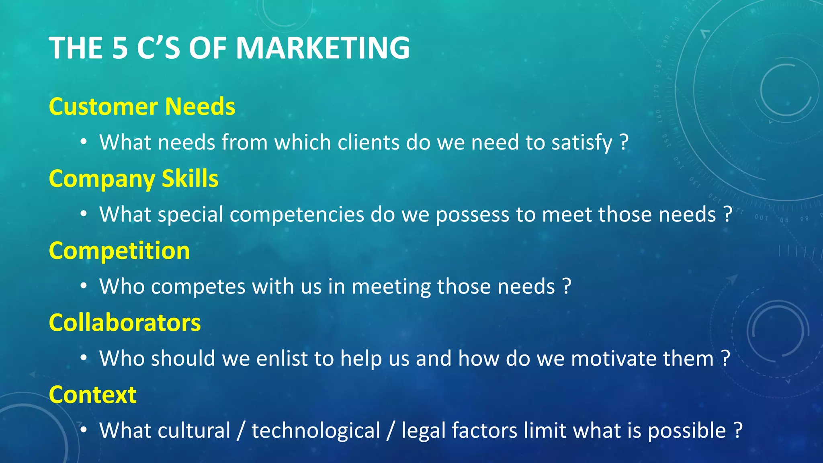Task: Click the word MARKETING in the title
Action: pos(323,48)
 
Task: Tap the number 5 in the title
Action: pos(120,48)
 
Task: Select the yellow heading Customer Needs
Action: pos(142,107)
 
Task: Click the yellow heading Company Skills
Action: pos(133,179)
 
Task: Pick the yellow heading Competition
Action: pos(119,251)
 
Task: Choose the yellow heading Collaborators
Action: pos(125,323)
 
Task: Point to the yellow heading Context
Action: pos(92,395)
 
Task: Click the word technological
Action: pos(316,431)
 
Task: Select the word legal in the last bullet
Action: pos(423,431)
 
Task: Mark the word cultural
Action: pos(194,430)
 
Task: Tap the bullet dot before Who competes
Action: pos(83,286)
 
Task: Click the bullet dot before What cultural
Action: pos(83,430)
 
